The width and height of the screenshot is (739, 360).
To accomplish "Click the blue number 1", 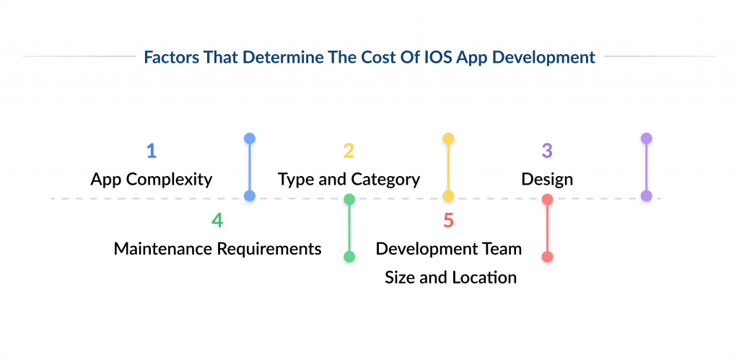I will pos(151,151).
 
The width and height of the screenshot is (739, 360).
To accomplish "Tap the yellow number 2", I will pos(349,151).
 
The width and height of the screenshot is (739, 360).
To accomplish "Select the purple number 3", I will pos(547,151).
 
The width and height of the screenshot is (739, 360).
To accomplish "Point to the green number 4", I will pos(217,220).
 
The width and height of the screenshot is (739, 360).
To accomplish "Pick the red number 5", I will pos(448,220).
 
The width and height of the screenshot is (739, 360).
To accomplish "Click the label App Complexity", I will pos(152,180).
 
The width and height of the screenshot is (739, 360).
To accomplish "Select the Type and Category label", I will pos(349,180).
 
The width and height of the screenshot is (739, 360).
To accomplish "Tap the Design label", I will pos(547,180).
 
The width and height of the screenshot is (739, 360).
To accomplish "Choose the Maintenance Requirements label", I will pos(217,249).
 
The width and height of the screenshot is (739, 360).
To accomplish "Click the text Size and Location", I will pos(450,277).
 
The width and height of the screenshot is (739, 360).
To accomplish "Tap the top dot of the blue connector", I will pos(250,139).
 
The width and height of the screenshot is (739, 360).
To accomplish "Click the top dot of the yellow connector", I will pos(448,139).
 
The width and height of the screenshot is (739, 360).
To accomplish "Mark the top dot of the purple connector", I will pos(647,139).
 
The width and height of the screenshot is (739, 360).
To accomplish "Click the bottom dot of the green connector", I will pos(349,257).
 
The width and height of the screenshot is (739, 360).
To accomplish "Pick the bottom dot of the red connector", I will pos(547,257).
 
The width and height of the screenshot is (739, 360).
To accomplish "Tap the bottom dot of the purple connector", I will pos(647,196).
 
